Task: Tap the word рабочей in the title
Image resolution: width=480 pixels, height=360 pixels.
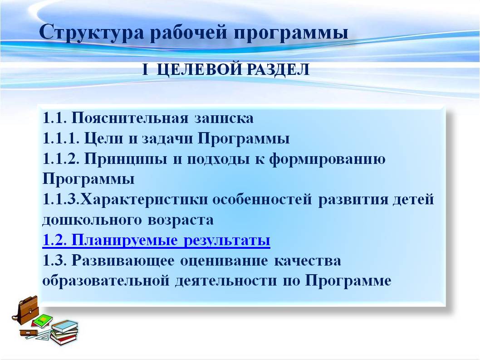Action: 189,32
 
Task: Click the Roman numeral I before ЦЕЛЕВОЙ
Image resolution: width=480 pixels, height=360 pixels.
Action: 145,70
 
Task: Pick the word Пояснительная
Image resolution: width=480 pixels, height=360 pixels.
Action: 130,118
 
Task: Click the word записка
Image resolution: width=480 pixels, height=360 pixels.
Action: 224,118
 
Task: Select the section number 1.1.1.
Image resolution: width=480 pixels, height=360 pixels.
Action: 61,138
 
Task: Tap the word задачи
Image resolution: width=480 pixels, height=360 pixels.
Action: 167,139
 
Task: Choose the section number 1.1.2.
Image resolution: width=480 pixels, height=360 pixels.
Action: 61,159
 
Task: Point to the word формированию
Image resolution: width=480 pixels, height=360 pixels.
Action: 327,159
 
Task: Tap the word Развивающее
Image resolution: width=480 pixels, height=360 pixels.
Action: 123,261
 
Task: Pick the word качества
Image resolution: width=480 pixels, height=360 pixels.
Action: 307,261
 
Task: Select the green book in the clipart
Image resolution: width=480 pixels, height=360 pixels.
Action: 43,321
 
